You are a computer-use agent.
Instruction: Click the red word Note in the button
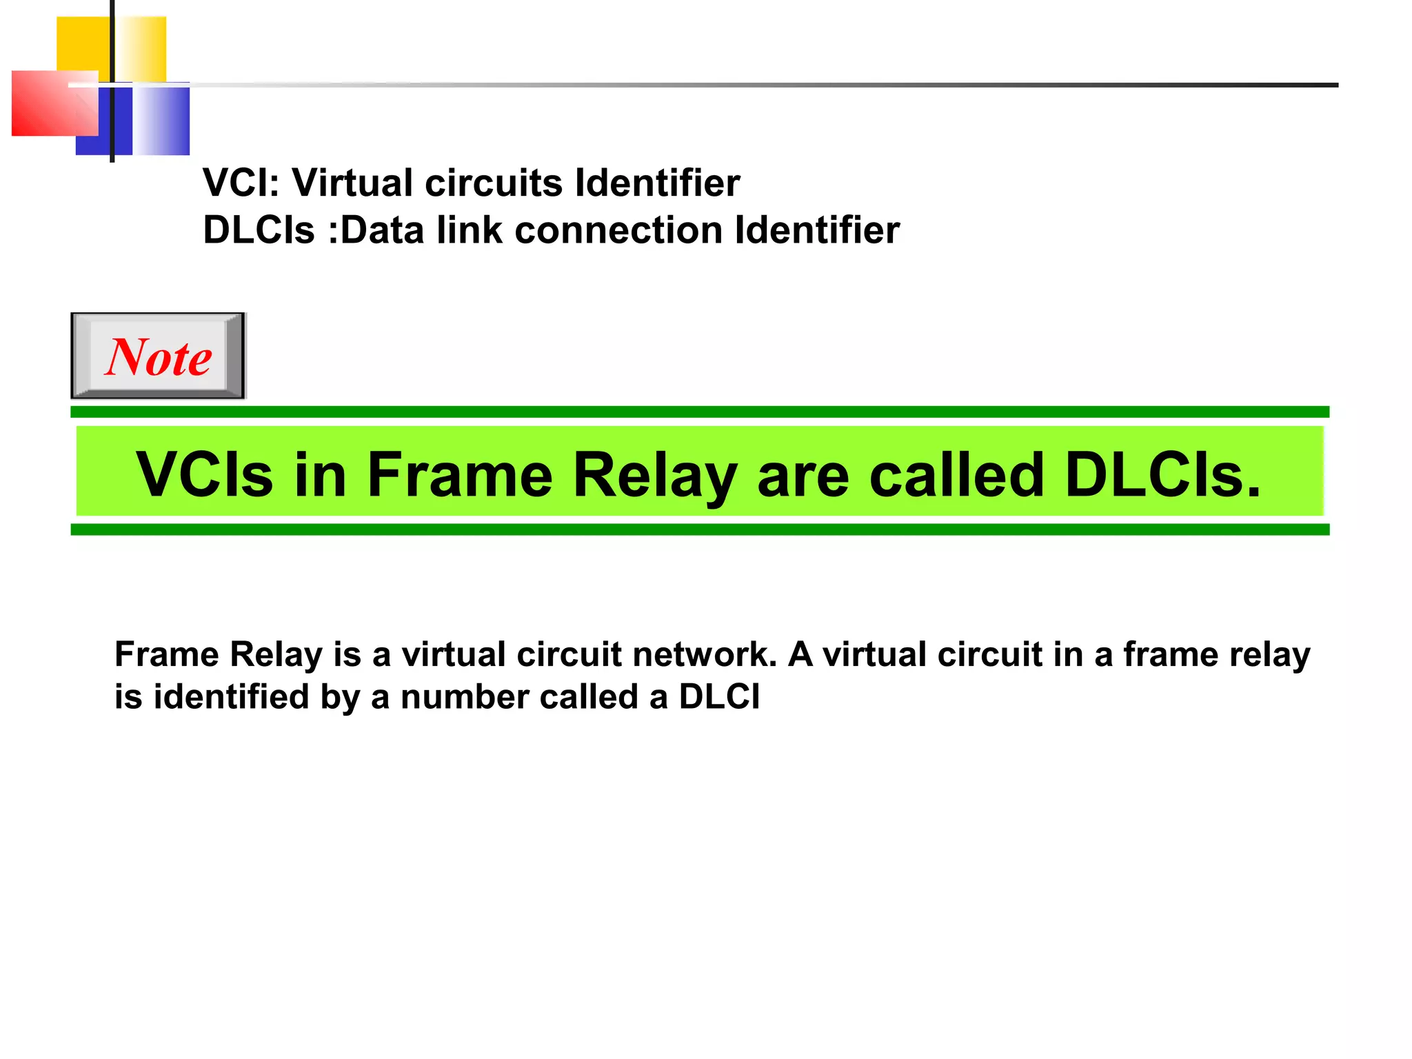click(x=159, y=357)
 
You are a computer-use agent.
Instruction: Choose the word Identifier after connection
click(x=817, y=230)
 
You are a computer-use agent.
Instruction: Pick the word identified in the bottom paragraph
click(x=231, y=696)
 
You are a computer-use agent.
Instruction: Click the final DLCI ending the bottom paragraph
click(x=719, y=696)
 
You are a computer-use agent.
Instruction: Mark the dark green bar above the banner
click(x=699, y=412)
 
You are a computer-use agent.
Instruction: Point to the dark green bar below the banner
click(x=699, y=529)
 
